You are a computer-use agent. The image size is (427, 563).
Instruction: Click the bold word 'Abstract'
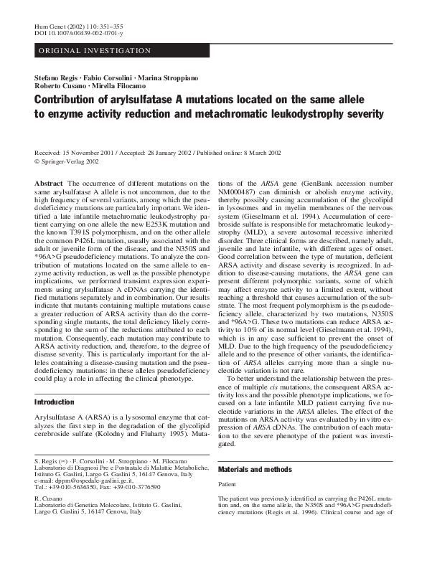click(x=49, y=184)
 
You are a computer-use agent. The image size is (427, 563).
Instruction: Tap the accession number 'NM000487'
click(x=238, y=193)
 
